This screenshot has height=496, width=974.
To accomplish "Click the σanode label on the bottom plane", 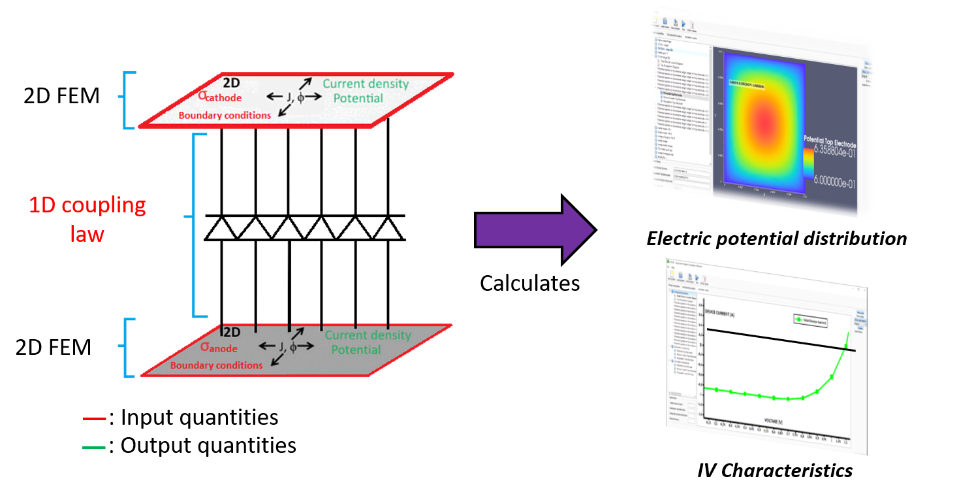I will coord(215,347).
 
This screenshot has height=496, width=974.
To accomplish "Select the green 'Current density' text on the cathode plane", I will coord(366,84).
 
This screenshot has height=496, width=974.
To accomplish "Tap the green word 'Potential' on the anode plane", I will coord(356,350).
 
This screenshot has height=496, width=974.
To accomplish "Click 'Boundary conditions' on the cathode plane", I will coord(225,116).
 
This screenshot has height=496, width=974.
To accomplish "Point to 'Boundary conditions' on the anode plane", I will coord(216,365).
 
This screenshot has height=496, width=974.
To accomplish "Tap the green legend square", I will coord(94,453).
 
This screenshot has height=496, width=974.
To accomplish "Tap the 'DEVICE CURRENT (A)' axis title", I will coord(725,312).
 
